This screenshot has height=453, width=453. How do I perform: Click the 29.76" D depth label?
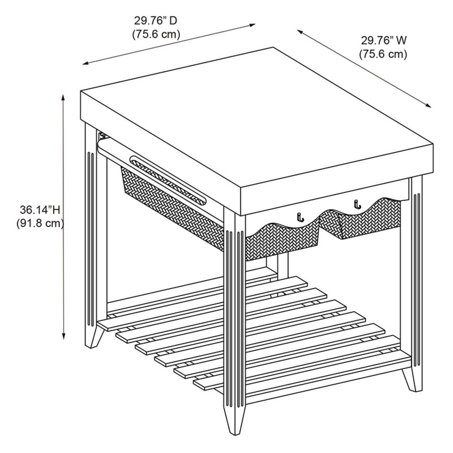click(156, 21)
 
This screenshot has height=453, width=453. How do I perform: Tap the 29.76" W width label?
click(383, 40)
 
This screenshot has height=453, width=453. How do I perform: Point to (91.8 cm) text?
click(40, 224)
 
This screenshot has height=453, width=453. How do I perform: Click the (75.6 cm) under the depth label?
click(156, 34)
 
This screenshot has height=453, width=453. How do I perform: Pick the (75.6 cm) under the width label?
click(383, 54)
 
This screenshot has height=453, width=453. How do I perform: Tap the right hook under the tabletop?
click(358, 204)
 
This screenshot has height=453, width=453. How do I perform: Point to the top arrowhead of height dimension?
click(63, 97)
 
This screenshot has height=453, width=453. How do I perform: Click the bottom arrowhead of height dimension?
click(64, 336)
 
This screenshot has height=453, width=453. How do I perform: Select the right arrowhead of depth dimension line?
click(252, 25)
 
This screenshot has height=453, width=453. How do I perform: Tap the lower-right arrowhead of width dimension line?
click(428, 105)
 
